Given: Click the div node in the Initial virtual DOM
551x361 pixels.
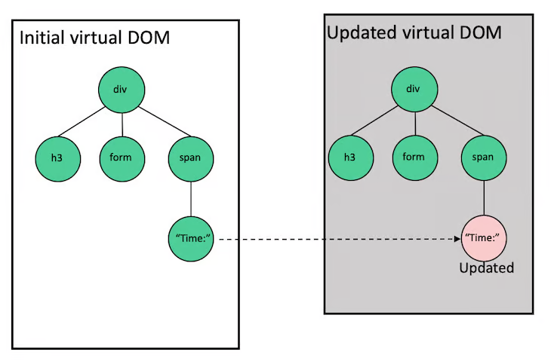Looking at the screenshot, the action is coord(122,90).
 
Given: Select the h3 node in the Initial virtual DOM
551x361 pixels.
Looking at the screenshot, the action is coord(58,159).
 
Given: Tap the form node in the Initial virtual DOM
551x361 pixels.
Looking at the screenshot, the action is coord(122,159).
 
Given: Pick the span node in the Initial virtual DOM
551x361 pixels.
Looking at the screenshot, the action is coord(191,159).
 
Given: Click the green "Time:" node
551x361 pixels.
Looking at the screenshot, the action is coord(191,239).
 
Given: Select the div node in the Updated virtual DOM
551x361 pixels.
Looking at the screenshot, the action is coord(414,89).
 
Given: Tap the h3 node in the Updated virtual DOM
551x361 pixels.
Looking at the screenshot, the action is coord(351,158).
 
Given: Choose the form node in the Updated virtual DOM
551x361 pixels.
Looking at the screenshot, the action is coord(415,158).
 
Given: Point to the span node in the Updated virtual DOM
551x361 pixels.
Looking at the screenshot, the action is coord(484,158).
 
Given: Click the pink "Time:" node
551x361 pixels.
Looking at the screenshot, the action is coord(484,238).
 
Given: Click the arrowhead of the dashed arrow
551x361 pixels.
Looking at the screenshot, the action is coord(457,239).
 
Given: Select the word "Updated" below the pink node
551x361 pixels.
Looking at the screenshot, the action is coord(487,268).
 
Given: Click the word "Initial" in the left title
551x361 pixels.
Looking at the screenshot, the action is coord(42,38).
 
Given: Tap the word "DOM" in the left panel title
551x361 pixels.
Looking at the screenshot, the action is coord(149,38).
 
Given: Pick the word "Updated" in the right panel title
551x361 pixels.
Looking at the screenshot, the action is coord(362,33).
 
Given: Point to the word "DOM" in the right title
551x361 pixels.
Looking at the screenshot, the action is coord(480,32).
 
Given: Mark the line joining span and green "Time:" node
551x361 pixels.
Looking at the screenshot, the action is coord(191,199).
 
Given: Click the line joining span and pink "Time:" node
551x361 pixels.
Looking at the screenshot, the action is coord(484,198).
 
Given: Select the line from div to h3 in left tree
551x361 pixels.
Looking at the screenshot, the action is coord(82,121).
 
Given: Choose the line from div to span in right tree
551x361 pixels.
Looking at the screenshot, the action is coord(457,121).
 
